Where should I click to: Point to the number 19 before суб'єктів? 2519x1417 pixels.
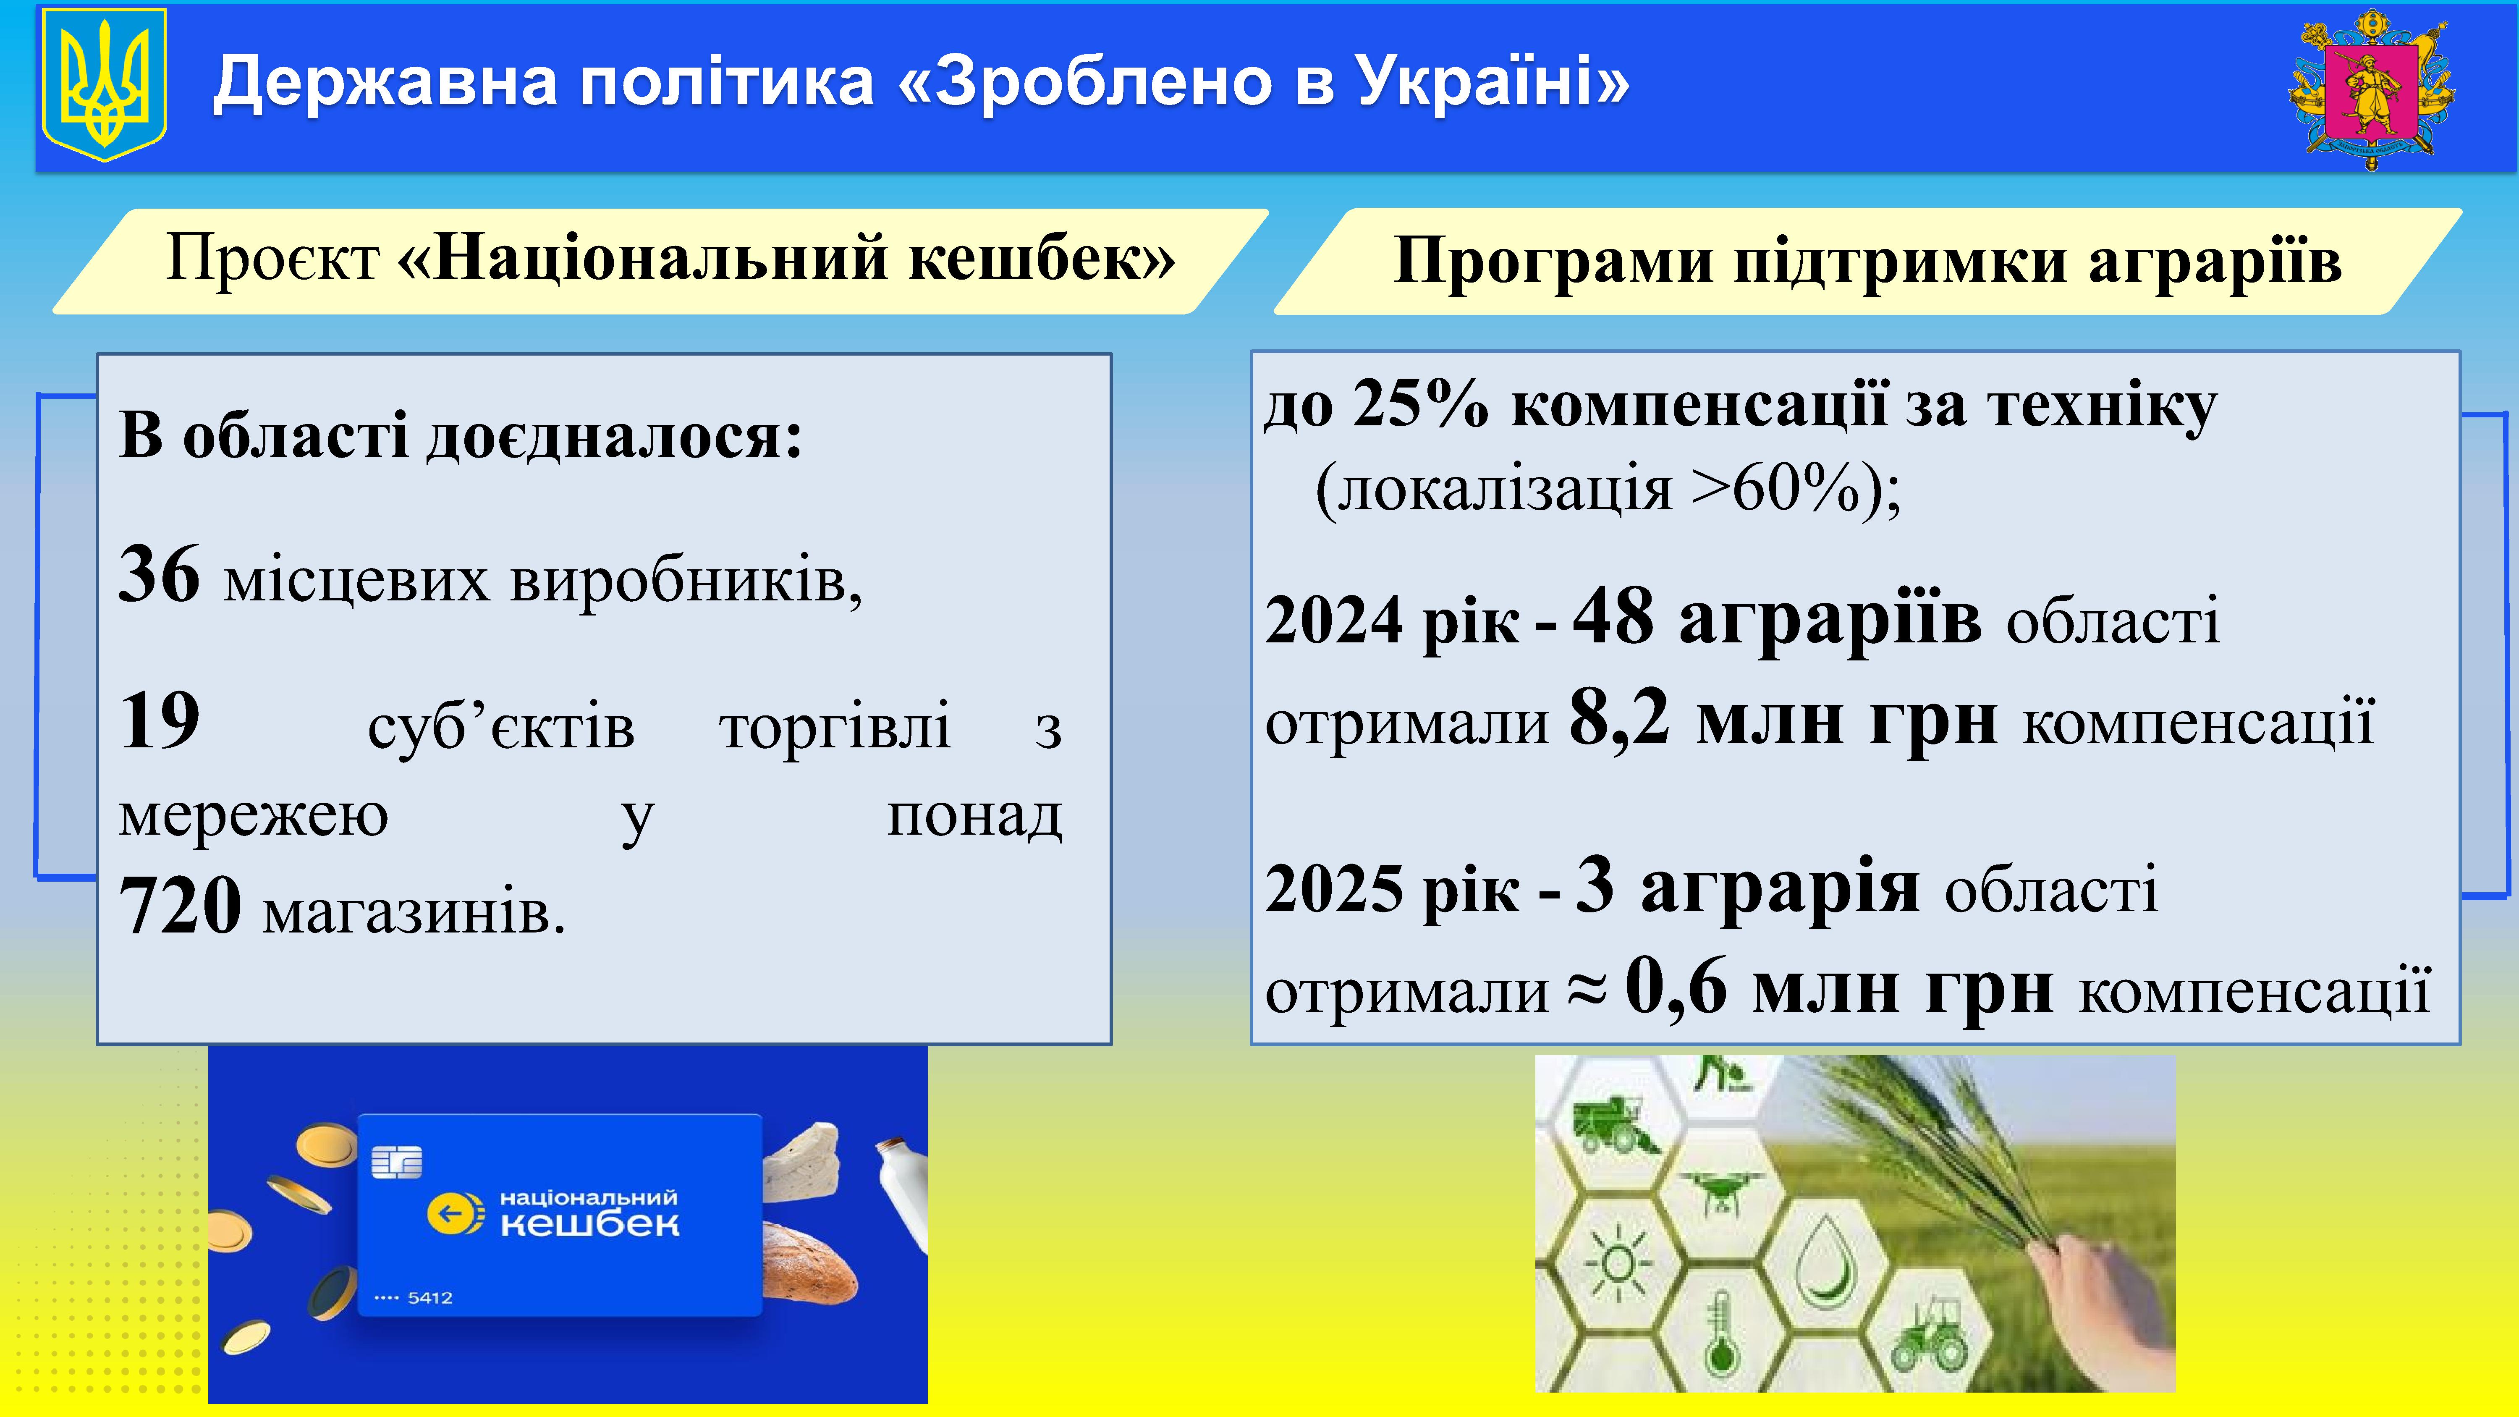(160, 721)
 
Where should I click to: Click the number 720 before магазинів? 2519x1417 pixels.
(180, 905)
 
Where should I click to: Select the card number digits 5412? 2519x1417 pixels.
(430, 1298)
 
